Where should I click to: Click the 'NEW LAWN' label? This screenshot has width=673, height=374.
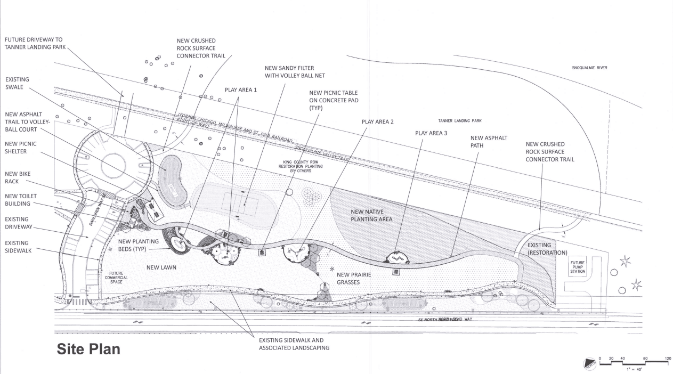[x=162, y=267]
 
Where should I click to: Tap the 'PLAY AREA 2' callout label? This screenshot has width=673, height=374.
[x=377, y=121]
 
